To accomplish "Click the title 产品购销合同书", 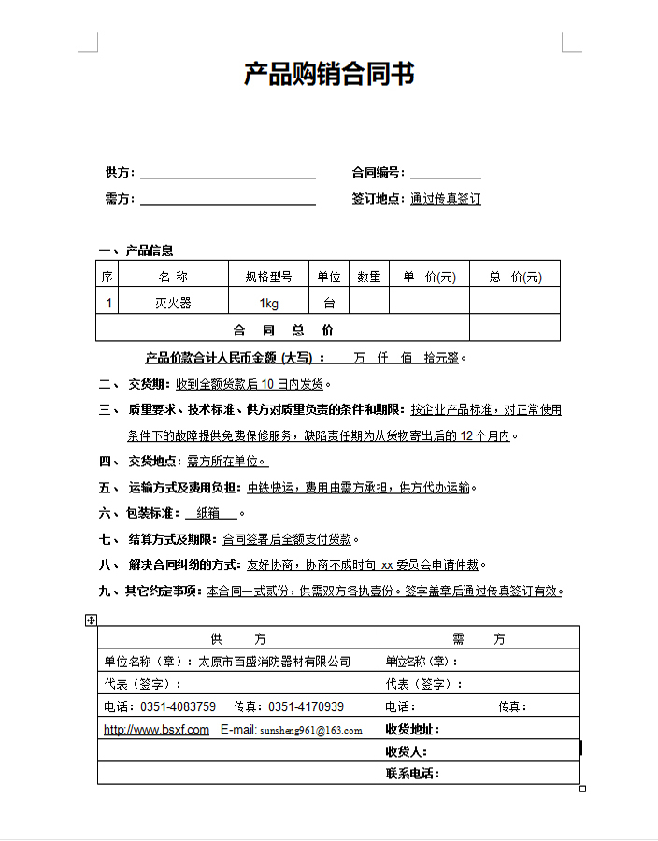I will [329, 74].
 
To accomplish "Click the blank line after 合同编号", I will [445, 173].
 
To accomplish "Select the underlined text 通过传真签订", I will [445, 199].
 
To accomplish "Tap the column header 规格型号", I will [268, 277].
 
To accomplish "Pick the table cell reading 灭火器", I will [173, 303].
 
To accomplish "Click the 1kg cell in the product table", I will [268, 303].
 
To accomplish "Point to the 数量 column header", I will [369, 277].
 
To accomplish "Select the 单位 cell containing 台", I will [329, 303].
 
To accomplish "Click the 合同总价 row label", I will [282, 330].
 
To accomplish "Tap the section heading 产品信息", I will [150, 250].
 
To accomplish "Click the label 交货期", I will [149, 384].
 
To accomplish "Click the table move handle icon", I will [91, 620].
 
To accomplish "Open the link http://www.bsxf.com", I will [156, 730].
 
